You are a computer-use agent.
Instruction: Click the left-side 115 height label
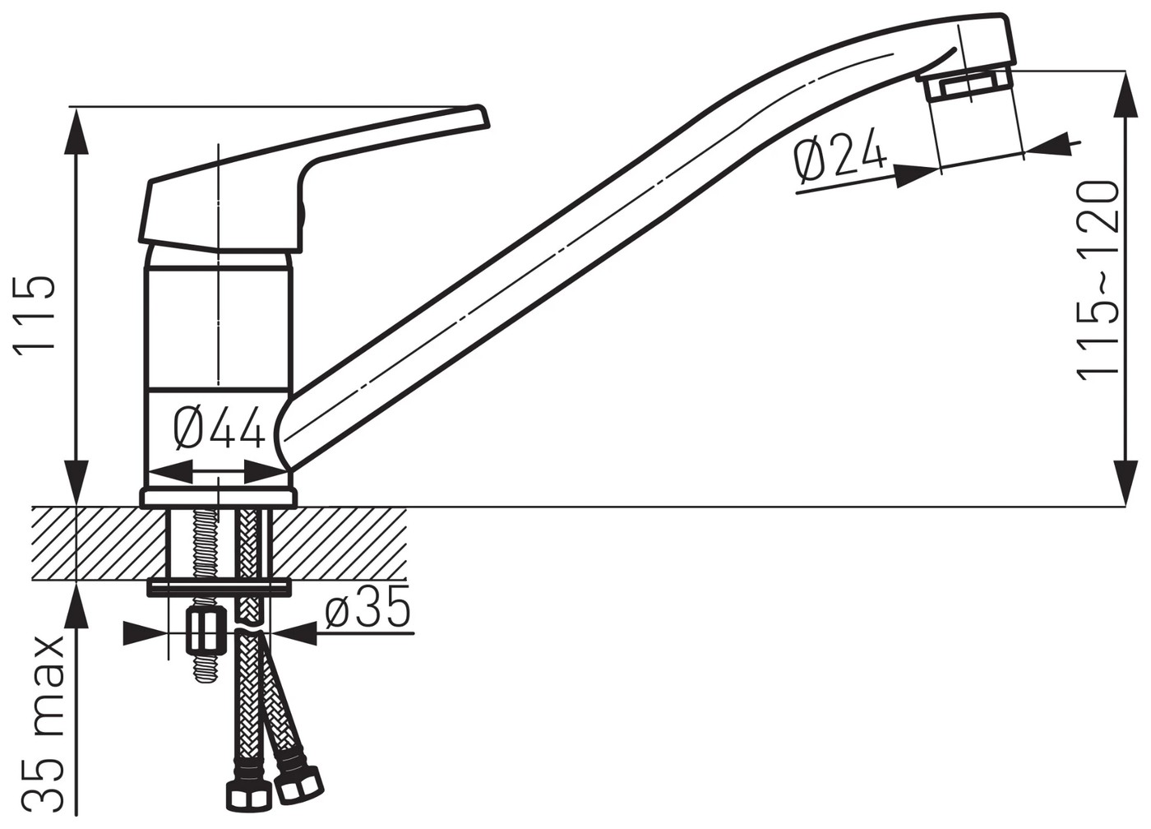[34, 314]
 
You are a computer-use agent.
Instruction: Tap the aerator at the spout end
[968, 96]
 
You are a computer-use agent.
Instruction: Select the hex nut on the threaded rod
[206, 630]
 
